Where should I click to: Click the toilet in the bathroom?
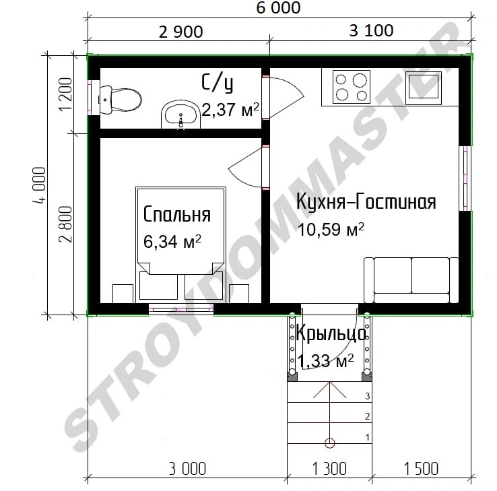(120, 100)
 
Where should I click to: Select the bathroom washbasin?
(180, 114)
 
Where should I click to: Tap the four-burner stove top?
(351, 86)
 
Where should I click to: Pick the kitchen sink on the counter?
(424, 88)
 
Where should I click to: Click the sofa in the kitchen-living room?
(411, 280)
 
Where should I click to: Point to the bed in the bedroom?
(180, 244)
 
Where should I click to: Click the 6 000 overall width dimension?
(278, 8)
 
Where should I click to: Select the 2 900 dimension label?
(180, 32)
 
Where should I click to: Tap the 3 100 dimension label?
(371, 31)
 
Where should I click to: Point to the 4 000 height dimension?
(40, 185)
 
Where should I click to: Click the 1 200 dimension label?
(66, 94)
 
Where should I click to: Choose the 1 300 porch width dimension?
(329, 469)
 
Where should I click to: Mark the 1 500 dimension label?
(421, 469)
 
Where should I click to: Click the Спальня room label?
(177, 214)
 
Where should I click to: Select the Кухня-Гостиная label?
(366, 201)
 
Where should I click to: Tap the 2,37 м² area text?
(230, 110)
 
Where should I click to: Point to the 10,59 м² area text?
(331, 229)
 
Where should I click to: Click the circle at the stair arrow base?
(330, 443)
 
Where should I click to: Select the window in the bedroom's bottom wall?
(181, 308)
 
